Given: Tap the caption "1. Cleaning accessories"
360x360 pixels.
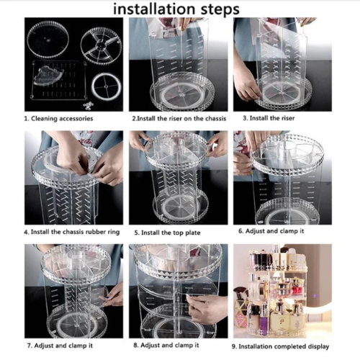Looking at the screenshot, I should click(61, 117).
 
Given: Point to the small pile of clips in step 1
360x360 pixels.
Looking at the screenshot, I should click(89, 105).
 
